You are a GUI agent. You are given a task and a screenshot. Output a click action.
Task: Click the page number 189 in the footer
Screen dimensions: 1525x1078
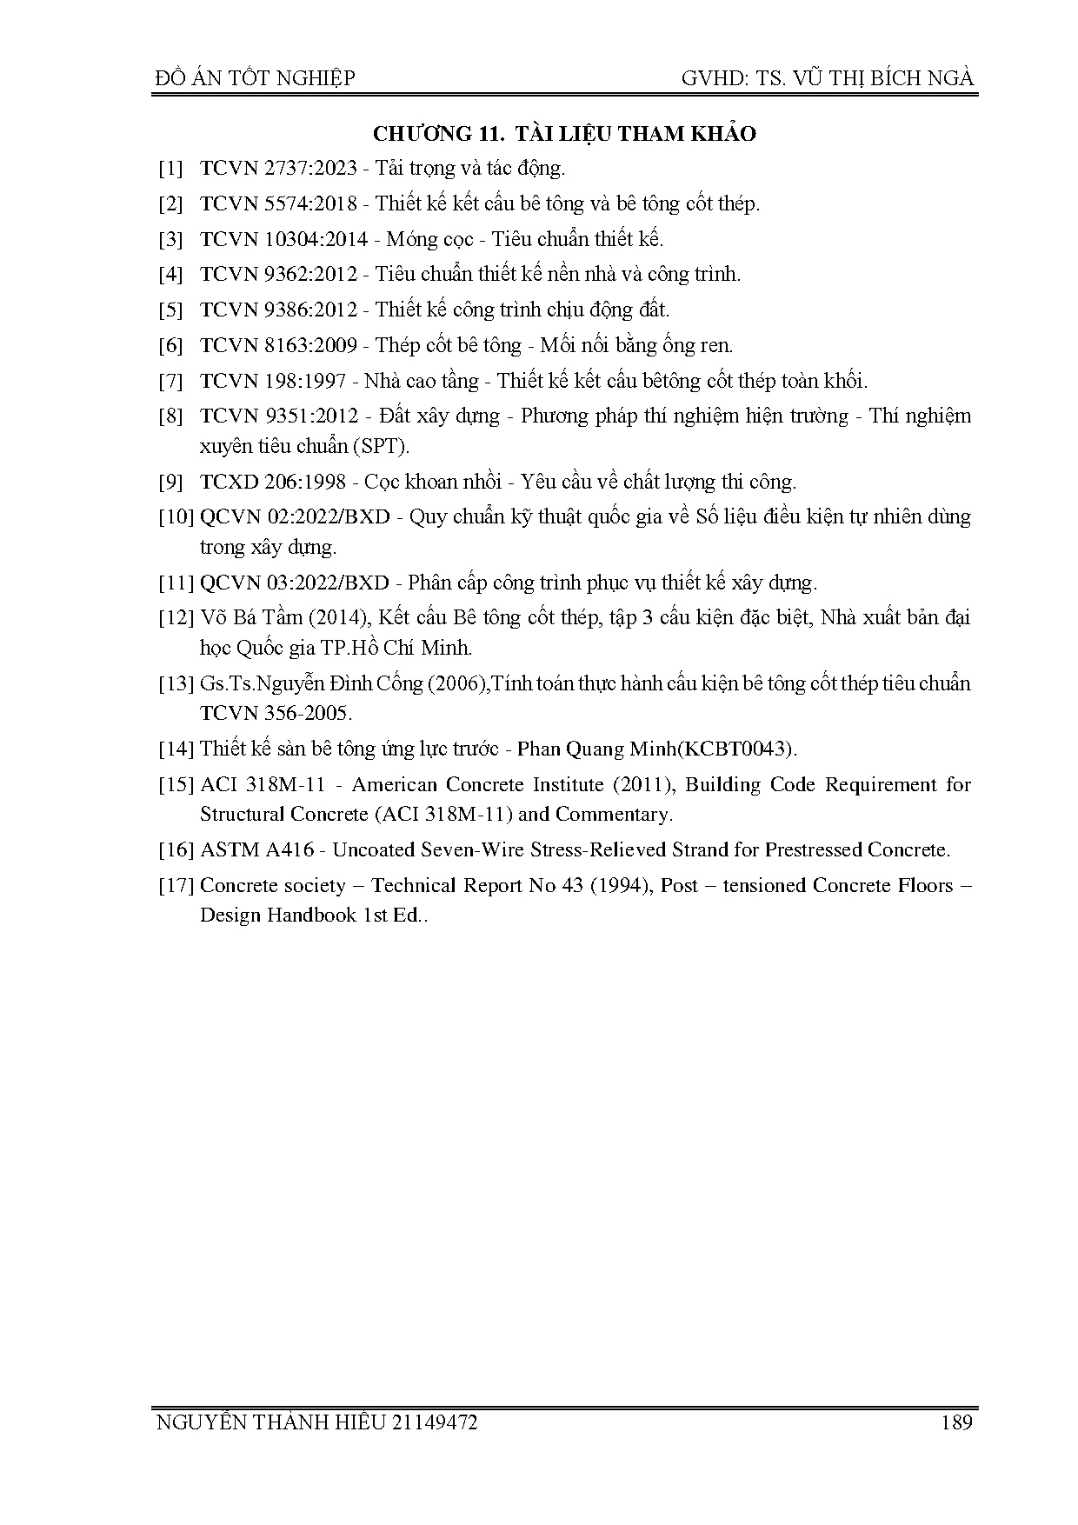point(955,1423)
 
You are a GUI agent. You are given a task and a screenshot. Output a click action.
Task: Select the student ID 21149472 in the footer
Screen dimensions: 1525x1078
point(435,1423)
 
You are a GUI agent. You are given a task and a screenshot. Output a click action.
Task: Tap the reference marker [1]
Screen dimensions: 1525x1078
point(170,169)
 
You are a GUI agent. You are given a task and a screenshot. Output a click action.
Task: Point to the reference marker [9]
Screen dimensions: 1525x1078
point(170,482)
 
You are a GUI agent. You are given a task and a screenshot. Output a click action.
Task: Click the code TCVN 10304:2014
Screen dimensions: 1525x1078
point(283,239)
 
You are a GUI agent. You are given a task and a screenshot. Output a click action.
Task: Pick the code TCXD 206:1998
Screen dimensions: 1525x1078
point(272,482)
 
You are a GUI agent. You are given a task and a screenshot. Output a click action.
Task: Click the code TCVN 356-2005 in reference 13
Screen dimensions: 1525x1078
point(276,714)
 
